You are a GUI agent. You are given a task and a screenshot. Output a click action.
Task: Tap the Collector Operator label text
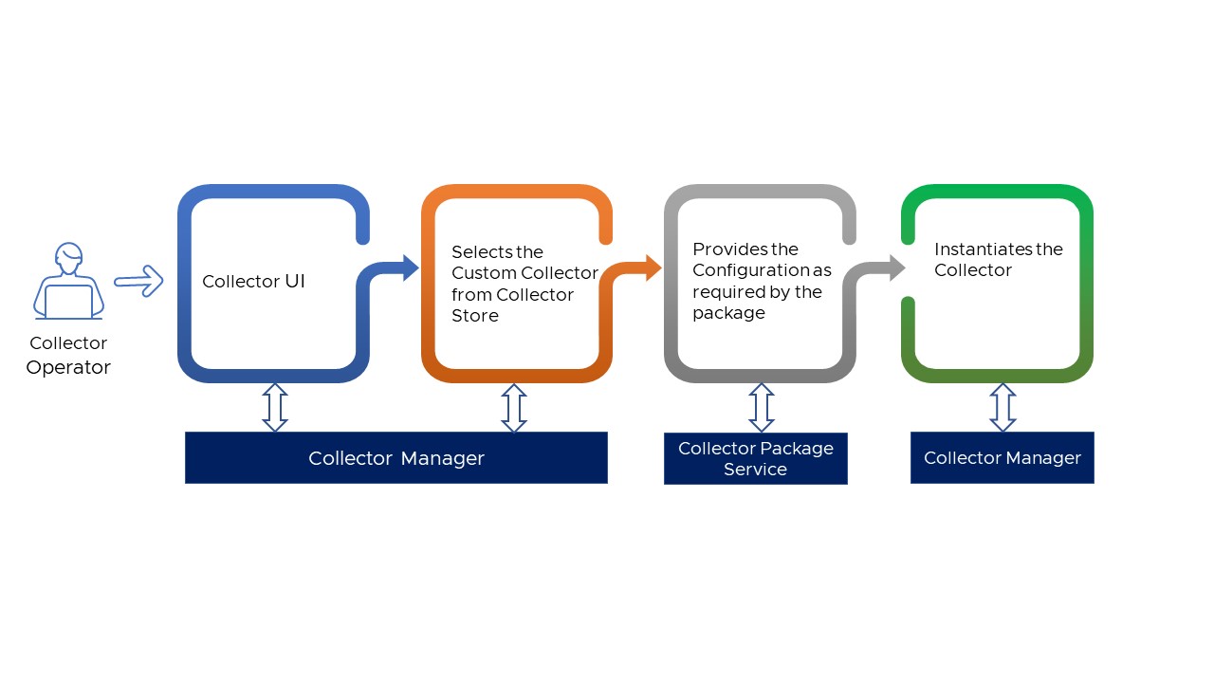(68, 355)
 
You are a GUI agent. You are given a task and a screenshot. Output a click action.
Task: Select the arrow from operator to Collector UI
(138, 280)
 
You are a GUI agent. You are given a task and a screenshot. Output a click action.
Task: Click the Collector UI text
(254, 282)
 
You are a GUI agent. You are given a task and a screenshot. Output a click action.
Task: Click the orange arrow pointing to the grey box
(639, 268)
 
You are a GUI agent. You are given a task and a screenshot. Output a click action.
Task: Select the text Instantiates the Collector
(998, 259)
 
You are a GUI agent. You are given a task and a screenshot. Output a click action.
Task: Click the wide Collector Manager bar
(395, 458)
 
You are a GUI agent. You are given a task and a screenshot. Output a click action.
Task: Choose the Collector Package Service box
(755, 458)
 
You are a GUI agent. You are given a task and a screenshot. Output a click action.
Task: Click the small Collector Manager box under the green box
(1002, 458)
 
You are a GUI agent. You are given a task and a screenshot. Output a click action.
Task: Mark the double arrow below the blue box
(274, 408)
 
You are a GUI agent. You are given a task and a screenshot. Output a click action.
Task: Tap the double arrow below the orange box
(513, 408)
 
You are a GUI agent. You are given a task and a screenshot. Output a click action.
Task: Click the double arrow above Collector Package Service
(761, 408)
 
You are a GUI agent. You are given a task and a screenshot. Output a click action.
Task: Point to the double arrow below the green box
(1002, 408)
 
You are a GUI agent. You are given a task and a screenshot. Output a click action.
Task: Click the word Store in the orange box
(474, 316)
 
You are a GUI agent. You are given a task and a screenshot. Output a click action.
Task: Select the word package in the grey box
(728, 313)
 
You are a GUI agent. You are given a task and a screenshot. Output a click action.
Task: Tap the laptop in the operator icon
(68, 302)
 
